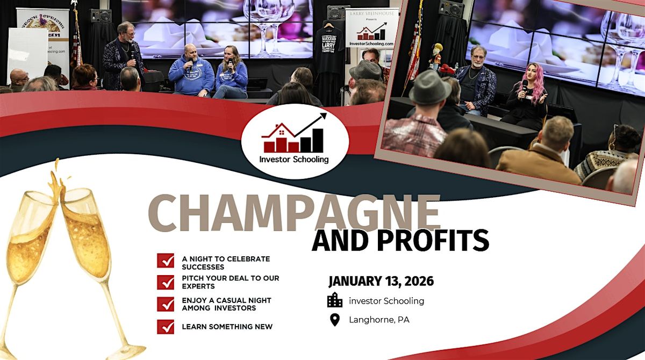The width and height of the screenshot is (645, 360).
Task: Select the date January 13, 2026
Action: tap(381, 281)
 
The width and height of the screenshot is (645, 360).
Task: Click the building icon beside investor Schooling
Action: tap(335, 300)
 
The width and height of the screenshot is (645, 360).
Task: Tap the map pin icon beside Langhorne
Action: tap(335, 320)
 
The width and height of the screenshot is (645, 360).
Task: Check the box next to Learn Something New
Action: tap(166, 327)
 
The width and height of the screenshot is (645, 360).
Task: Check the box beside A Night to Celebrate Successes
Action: tap(166, 261)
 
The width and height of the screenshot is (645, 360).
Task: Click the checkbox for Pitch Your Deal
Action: tap(166, 282)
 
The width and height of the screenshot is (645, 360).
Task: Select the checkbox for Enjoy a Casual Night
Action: tap(166, 304)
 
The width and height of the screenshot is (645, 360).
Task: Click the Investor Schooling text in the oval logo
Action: tap(294, 160)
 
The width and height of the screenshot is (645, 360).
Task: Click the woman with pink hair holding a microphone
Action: tap(529, 99)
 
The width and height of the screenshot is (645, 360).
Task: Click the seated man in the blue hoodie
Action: tap(191, 73)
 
